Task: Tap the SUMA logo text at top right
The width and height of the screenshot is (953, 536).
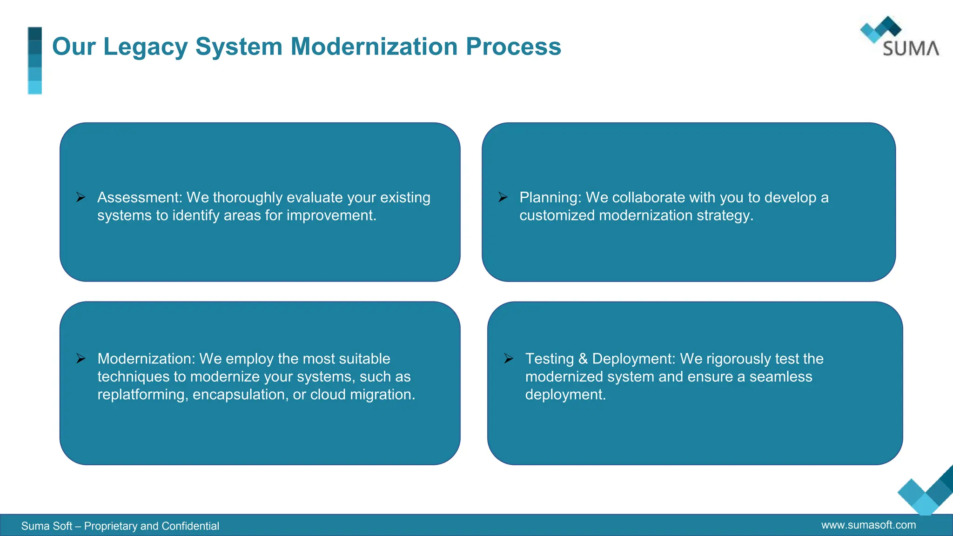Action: tap(911, 48)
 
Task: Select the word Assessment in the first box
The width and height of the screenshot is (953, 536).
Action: tap(139, 198)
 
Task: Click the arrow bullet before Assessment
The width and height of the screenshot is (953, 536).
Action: tap(81, 197)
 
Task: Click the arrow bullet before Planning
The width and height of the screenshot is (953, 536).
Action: tap(503, 197)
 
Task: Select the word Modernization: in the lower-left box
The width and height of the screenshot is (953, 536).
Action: tap(146, 359)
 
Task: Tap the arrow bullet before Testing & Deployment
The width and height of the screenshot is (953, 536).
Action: tap(509, 359)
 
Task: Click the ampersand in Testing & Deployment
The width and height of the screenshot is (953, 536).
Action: tap(583, 359)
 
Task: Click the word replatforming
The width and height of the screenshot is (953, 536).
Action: tap(142, 395)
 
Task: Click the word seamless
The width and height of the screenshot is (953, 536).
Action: tap(780, 376)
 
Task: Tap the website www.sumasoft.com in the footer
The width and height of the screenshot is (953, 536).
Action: tap(868, 525)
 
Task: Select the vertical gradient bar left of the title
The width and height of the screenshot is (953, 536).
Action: tap(35, 60)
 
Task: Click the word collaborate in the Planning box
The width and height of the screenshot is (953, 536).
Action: tap(648, 198)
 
